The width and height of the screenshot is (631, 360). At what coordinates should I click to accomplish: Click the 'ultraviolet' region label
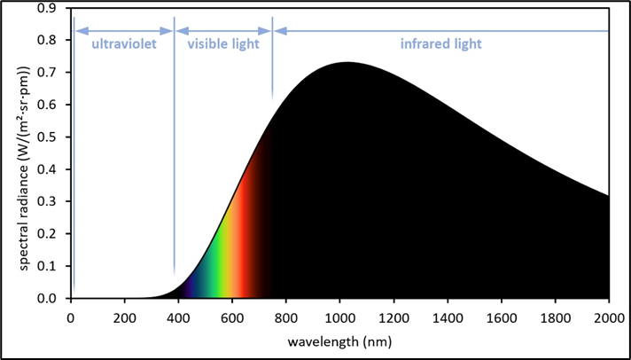pos(123,43)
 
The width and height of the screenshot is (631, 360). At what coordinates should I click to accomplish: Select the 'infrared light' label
pos(441,43)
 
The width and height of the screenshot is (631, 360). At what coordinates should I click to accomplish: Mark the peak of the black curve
pos(346,63)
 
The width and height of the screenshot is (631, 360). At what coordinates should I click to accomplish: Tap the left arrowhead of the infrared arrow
pos(277,31)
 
